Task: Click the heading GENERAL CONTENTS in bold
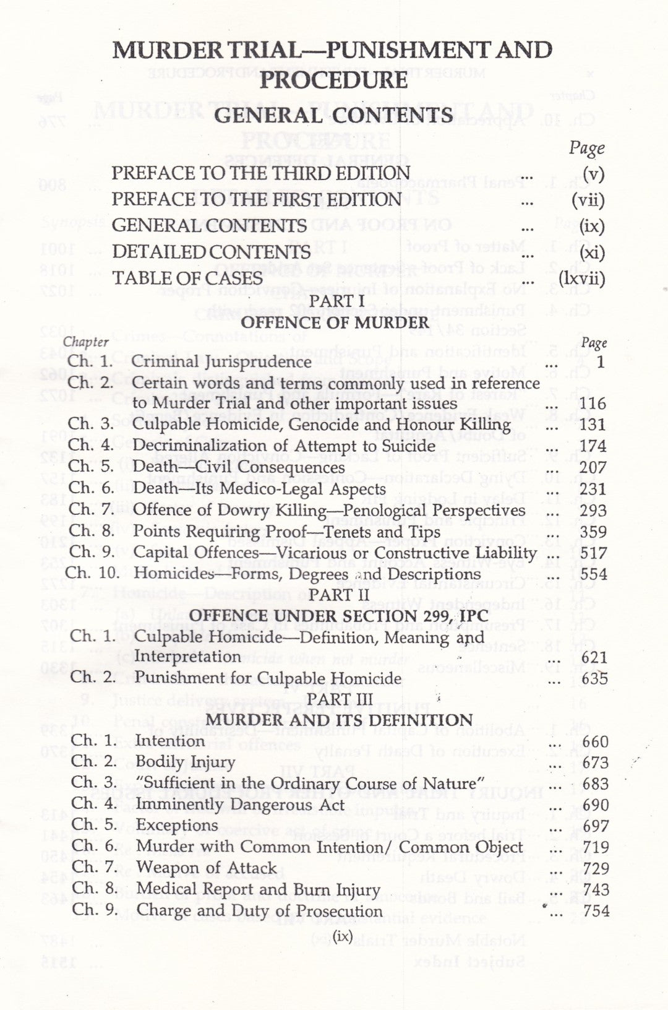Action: (x=333, y=116)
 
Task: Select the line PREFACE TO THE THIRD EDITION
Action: (x=260, y=173)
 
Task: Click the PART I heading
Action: (x=335, y=301)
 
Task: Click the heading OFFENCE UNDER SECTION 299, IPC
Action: (x=338, y=616)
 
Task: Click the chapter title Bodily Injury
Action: (x=185, y=762)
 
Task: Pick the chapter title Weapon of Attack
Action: (x=206, y=868)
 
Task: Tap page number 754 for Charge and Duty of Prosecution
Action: (x=596, y=910)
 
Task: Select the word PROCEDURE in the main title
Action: (x=333, y=80)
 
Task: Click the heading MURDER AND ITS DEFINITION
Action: (x=339, y=720)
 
